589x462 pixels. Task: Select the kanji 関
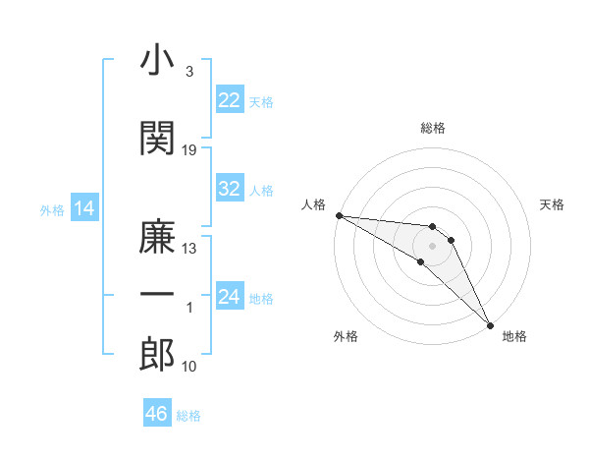[157, 139]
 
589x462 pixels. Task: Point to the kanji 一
[157, 294]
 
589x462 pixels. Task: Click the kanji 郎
[157, 355]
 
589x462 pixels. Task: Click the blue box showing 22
[230, 100]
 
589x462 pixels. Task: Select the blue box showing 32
[230, 189]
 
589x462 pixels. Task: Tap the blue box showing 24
[230, 297]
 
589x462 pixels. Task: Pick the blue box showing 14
[83, 208]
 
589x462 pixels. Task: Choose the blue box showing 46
[157, 414]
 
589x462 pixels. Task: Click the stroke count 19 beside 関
[189, 150]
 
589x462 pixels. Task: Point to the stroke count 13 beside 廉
[189, 249]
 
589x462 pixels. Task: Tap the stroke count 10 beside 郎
[189, 367]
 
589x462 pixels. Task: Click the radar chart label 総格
[433, 128]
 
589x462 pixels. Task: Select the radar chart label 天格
[553, 204]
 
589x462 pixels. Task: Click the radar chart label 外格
[346, 337]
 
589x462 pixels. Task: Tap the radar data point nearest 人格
[338, 215]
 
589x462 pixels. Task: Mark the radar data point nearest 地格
[491, 323]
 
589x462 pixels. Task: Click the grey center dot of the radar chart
[433, 245]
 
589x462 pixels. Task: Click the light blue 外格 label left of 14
[51, 209]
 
